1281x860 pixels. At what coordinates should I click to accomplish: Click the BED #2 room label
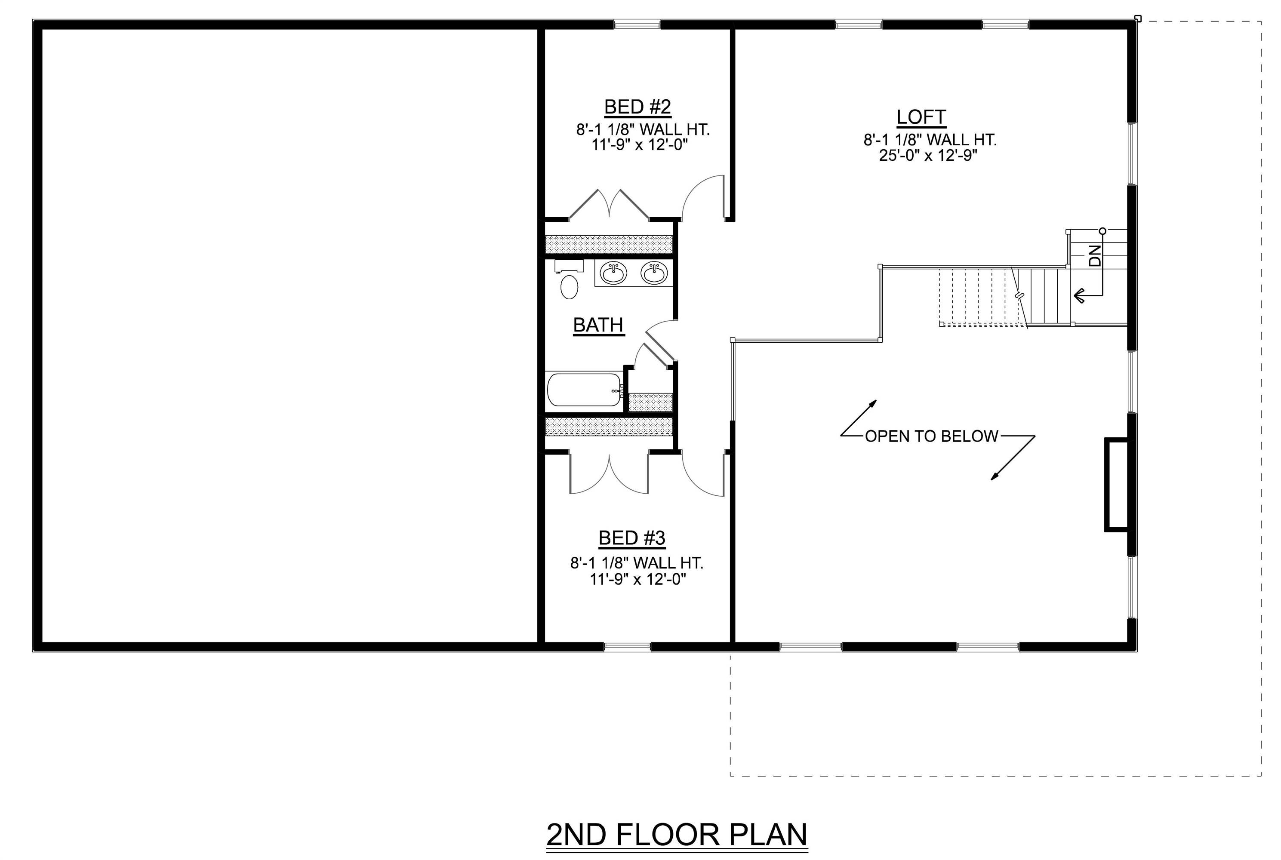pos(637,107)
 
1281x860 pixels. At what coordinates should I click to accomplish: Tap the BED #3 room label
pos(631,538)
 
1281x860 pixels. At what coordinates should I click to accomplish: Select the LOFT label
pos(921,117)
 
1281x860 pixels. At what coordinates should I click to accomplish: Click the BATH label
pos(598,325)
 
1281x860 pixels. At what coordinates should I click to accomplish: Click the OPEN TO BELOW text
pos(932,436)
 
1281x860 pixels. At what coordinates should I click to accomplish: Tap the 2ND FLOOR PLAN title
pos(677,834)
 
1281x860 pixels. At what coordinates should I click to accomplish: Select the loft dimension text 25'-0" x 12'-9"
pos(929,156)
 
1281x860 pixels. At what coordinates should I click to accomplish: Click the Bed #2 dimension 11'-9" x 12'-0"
pos(640,145)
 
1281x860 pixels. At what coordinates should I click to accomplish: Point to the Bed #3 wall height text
pos(636,563)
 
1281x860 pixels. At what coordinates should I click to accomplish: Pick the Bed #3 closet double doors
pos(609,474)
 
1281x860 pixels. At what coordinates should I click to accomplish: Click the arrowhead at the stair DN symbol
pos(1078,296)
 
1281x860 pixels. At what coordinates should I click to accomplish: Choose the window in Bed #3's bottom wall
pos(627,647)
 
